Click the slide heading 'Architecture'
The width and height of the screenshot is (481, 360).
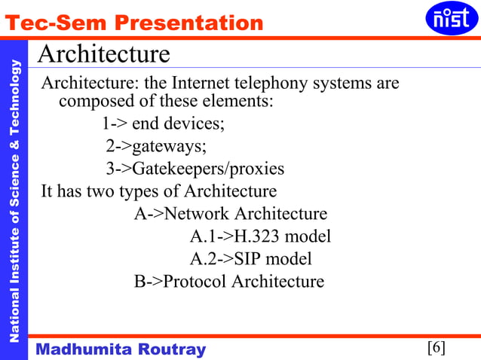tap(103, 54)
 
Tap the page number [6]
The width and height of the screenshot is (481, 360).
tap(437, 347)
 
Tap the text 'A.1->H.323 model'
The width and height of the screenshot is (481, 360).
tap(260, 236)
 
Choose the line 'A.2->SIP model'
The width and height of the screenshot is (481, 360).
tap(250, 259)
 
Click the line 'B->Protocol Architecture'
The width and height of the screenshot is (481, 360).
tap(229, 282)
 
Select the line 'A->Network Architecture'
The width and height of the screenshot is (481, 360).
tap(231, 214)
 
